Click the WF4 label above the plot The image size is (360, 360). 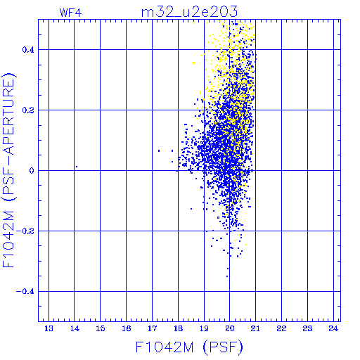(70, 13)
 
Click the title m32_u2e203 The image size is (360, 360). (189, 12)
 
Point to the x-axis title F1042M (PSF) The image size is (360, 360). (189, 347)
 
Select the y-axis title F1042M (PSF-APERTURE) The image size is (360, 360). (9, 170)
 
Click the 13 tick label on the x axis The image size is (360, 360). (49, 328)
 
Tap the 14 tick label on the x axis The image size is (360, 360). (75, 328)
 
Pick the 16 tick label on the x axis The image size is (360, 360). (127, 328)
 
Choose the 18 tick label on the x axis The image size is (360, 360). (178, 328)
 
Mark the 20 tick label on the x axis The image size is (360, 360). (230, 328)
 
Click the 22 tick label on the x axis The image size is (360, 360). (281, 328)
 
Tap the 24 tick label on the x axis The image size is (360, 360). (333, 328)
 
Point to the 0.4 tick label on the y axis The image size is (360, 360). (28, 50)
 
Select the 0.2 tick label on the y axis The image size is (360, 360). (28, 110)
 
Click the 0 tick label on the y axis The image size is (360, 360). (32, 171)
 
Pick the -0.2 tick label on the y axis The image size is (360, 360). (25, 231)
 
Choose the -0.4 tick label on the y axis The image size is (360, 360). (25, 292)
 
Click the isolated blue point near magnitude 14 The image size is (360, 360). (77, 167)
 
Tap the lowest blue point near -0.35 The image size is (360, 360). (227, 276)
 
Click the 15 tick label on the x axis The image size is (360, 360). (101, 328)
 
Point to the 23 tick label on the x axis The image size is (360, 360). (307, 328)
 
